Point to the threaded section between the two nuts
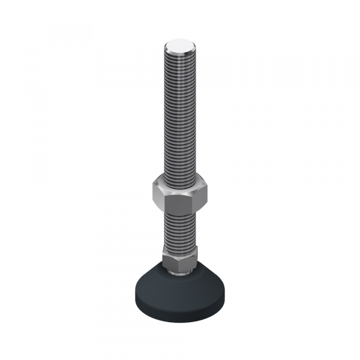(x=180, y=228)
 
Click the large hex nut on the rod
(x=180, y=193)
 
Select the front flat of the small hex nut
(x=180, y=262)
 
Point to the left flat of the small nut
(x=166, y=258)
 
